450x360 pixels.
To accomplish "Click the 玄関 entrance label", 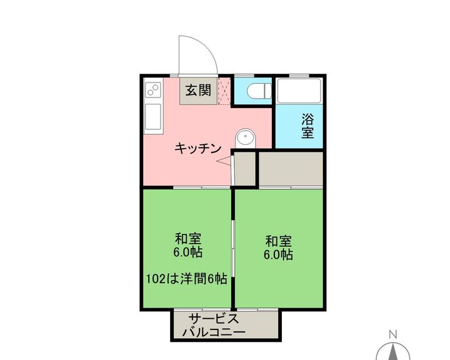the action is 198,91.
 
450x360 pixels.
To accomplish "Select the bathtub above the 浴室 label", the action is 299,91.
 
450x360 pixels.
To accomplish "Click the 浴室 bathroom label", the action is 307,126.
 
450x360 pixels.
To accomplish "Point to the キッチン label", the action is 197,148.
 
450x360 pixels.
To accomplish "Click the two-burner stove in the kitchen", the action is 154,89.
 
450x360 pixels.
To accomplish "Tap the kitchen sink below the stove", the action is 153,117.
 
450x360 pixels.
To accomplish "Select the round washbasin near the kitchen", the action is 246,138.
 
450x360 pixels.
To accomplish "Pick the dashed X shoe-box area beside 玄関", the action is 224,91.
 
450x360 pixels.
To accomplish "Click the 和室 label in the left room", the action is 188,238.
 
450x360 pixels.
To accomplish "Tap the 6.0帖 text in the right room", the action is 278,254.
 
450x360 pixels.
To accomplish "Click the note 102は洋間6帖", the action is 187,279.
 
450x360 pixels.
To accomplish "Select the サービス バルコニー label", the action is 214,326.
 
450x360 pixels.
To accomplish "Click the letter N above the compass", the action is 393,334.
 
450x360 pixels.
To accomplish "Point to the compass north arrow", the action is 394,352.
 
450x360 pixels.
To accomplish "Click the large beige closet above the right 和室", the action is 291,169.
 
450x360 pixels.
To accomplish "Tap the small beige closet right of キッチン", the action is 245,169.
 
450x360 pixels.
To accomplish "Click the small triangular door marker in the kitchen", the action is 224,161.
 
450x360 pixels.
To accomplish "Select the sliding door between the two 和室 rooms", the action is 233,247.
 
